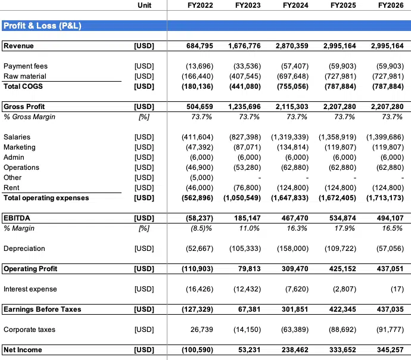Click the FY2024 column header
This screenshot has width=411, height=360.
coord(295,5)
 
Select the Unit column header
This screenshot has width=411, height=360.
coord(144,5)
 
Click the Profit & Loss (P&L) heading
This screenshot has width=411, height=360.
coord(42,26)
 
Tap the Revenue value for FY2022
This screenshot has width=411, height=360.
coord(200,46)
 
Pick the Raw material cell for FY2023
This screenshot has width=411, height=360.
coord(245,76)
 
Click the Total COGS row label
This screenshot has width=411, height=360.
coord(23,86)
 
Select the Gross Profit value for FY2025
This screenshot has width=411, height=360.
coord(340,107)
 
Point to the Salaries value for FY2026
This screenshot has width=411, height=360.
coord(385,137)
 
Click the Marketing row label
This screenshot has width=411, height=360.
coord(20,147)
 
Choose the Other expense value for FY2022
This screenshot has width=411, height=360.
coord(201,178)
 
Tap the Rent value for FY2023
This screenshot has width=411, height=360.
coord(247,188)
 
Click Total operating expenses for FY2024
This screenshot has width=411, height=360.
coord(289,198)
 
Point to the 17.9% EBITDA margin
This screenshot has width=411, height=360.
coord(344,228)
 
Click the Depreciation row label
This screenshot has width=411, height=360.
coord(24,249)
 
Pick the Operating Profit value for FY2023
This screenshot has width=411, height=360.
coord(249,269)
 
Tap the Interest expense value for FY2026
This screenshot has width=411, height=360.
coord(397,289)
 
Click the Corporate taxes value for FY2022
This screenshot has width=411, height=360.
coord(201,330)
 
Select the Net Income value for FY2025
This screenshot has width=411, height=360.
coord(342,350)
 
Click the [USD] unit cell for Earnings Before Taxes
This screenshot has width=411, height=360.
coord(144,309)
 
